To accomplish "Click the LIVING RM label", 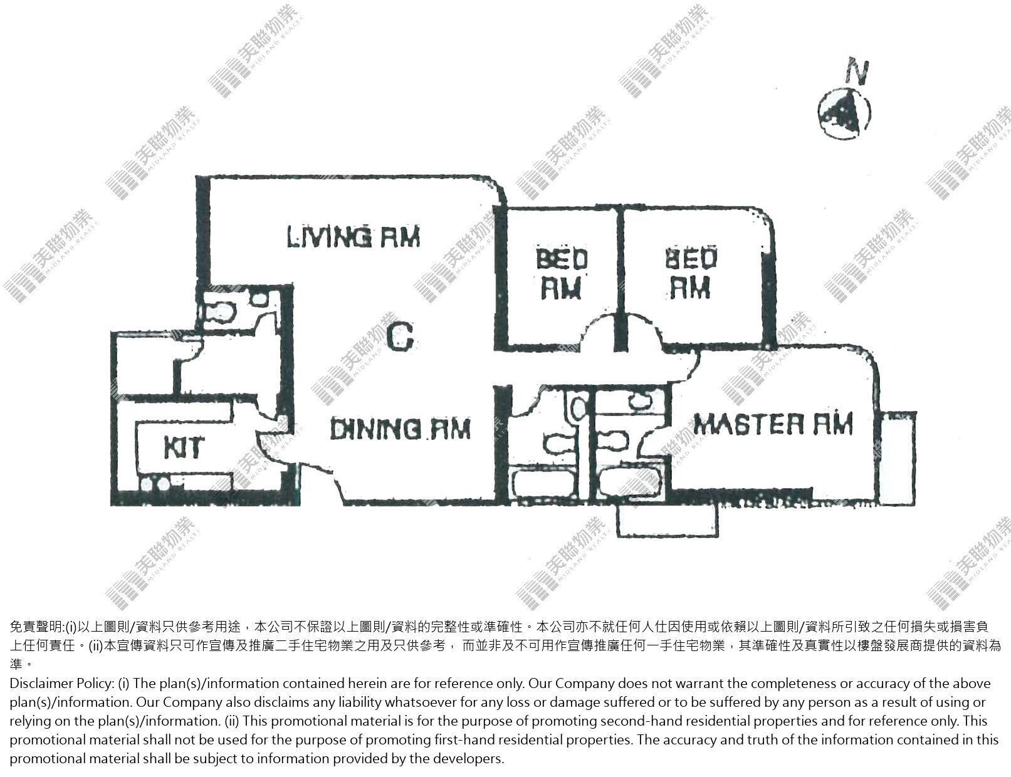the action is point(354,236).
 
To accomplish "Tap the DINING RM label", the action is point(400,428).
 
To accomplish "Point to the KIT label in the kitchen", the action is point(184,448).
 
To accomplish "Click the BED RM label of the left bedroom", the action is point(562,273).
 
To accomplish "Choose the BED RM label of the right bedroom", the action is point(691,273).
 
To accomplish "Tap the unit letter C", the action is point(400,336).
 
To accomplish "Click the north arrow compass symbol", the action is point(844,113).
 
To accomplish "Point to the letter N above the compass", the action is point(857,72).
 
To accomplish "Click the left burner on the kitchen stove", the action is point(147,484).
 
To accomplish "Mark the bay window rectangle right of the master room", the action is point(898,459).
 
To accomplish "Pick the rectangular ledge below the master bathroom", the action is point(667,521).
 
